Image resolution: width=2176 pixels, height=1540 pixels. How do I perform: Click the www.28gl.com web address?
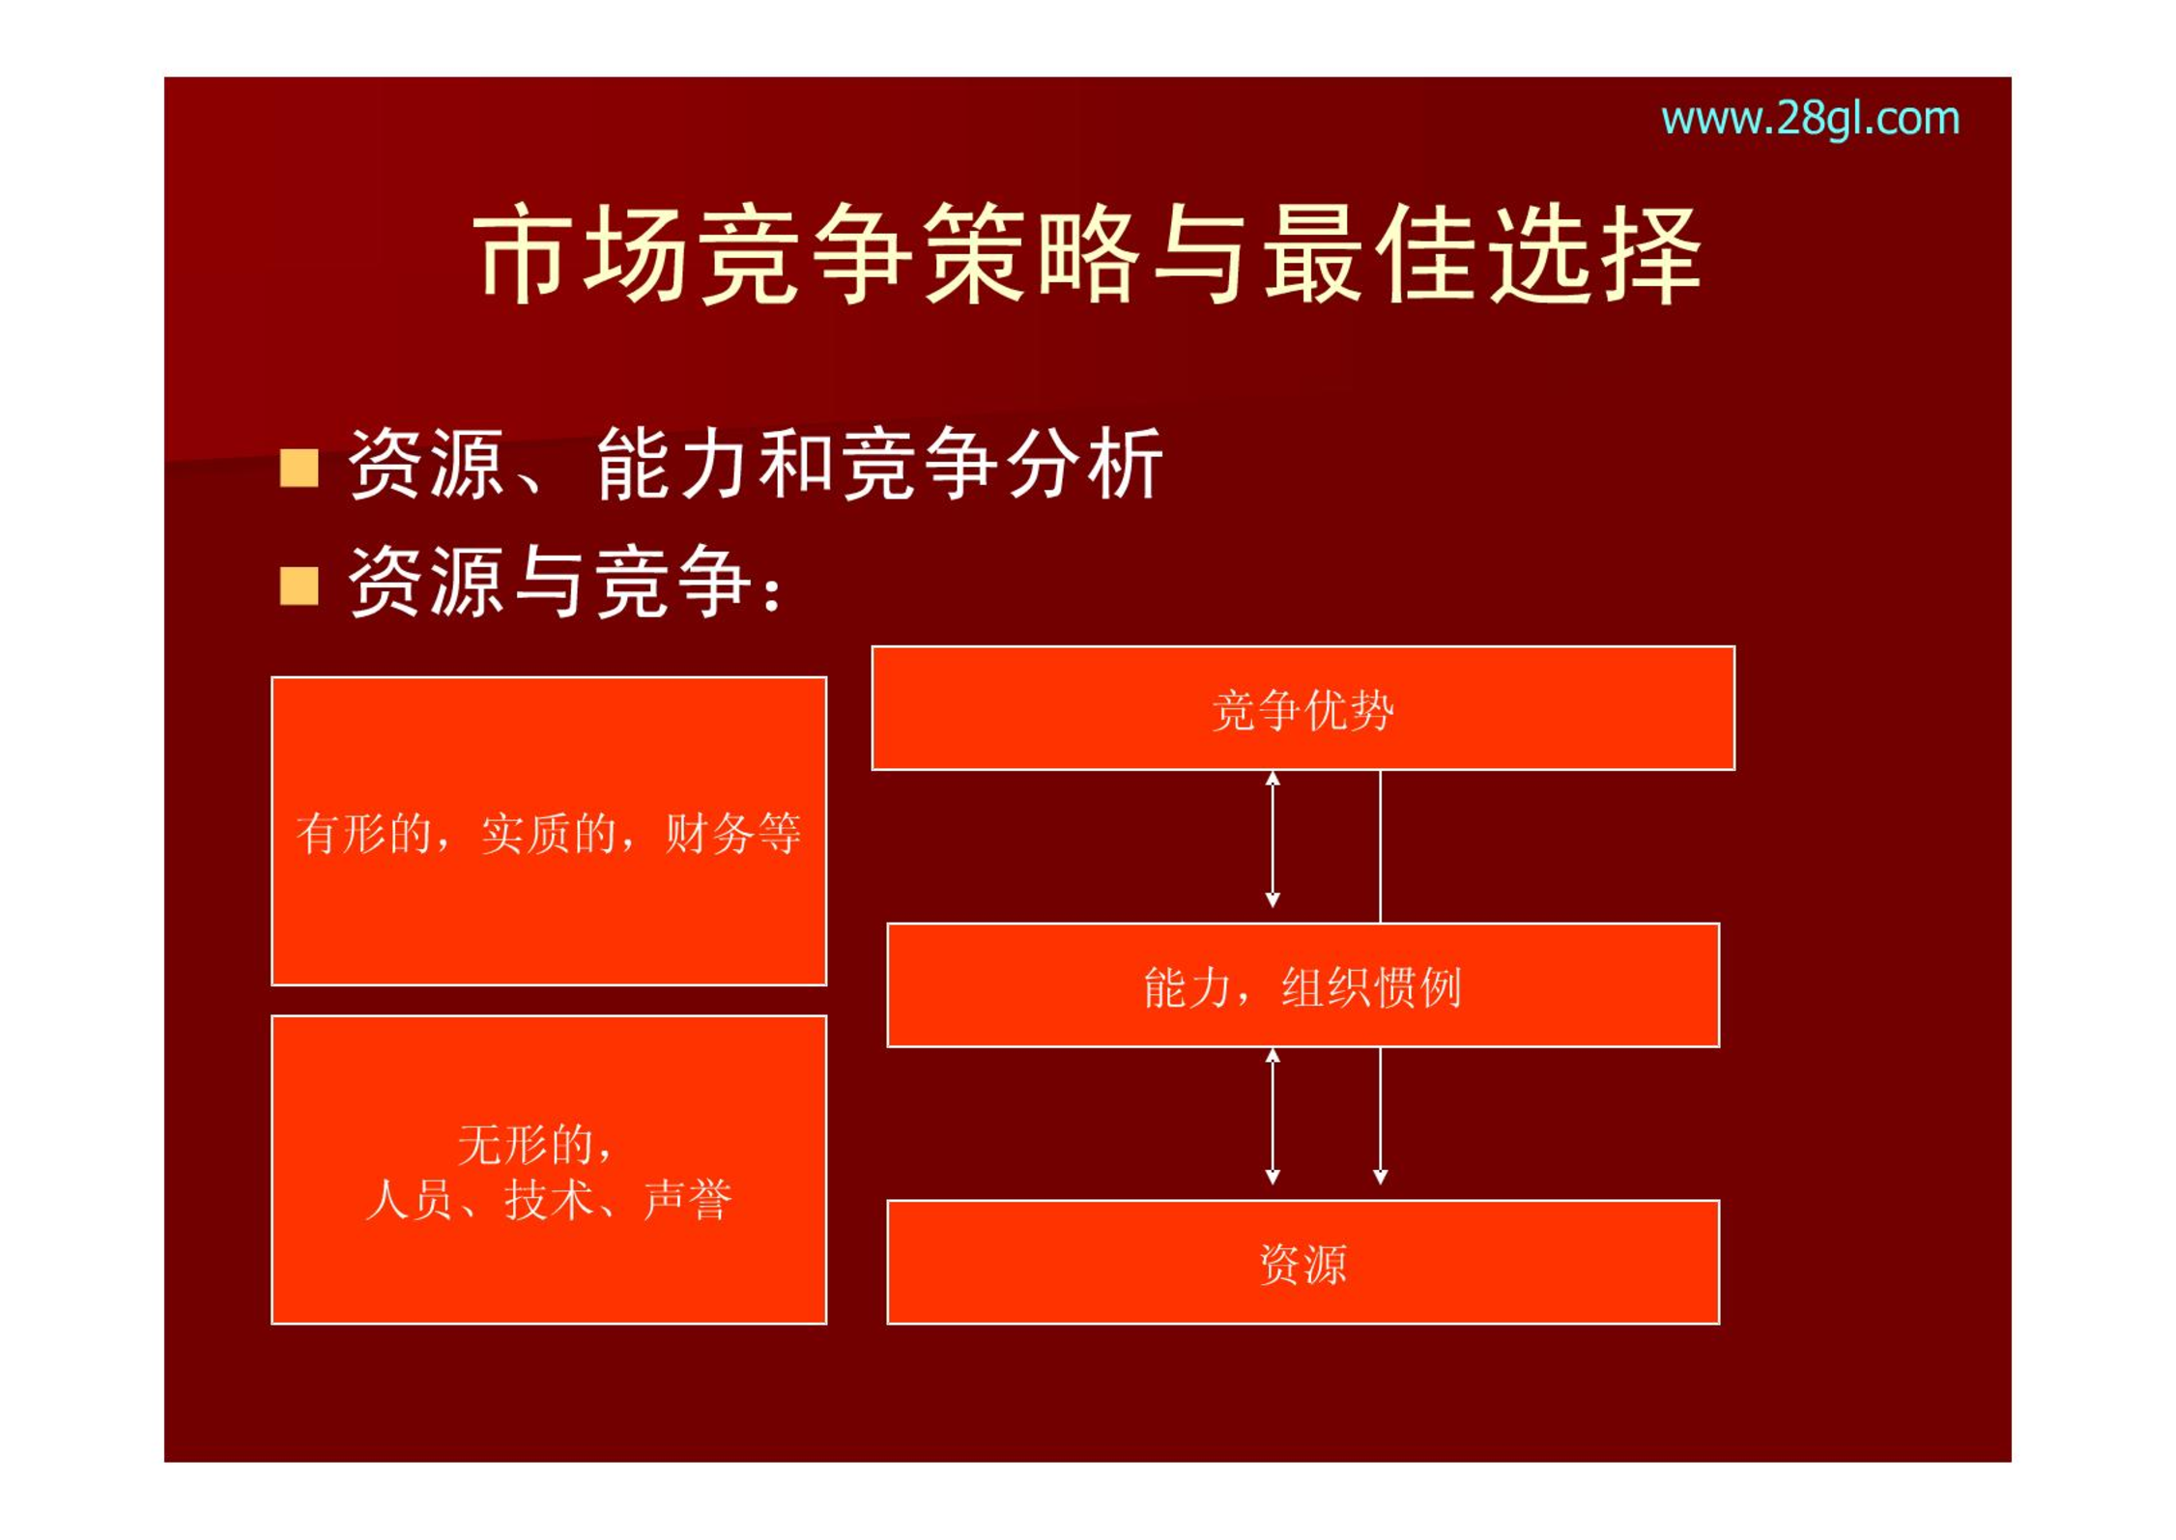(1810, 120)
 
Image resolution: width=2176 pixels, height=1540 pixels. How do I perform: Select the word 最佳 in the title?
(1373, 254)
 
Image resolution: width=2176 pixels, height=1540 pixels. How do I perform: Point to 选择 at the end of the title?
(1594, 254)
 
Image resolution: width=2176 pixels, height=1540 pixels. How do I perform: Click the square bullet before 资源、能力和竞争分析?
(299, 468)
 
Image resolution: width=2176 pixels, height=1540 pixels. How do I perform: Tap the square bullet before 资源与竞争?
(299, 585)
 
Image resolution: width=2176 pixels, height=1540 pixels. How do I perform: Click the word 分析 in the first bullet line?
(1085, 465)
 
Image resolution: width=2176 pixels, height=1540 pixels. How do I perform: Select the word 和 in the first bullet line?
(797, 465)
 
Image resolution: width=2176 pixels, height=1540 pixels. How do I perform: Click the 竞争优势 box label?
(1303, 711)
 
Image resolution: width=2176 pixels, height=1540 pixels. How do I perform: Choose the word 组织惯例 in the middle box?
(1371, 987)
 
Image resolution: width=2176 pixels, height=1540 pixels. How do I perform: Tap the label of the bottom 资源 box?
(1303, 1264)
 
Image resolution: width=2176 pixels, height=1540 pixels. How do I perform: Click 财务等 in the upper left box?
(733, 833)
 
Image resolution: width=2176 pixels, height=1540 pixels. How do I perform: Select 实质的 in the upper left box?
(549, 833)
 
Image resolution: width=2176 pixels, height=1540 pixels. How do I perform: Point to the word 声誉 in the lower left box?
(687, 1201)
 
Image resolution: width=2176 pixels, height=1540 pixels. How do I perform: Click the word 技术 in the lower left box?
(549, 1201)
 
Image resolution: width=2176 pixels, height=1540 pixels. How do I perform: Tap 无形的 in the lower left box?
(526, 1145)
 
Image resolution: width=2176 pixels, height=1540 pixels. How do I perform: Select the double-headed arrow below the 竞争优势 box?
(1273, 839)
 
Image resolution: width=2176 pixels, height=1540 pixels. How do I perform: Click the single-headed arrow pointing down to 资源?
(1380, 1116)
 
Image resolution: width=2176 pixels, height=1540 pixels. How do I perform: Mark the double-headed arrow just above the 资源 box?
(1273, 1116)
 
